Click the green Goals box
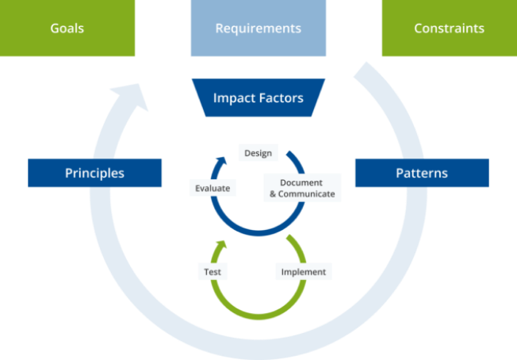tap(67, 29)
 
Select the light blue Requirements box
tap(258, 29)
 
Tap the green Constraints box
tap(449, 29)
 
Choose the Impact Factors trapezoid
tap(258, 98)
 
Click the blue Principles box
tap(94, 173)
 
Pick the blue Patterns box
tap(421, 173)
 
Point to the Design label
tap(258, 153)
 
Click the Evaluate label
tap(213, 189)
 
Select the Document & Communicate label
tap(302, 187)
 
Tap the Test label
tap(212, 271)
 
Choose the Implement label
tap(303, 271)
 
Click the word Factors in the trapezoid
tap(280, 98)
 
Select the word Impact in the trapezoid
tap(234, 98)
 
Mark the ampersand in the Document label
tap(272, 193)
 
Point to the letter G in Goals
tap(55, 29)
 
